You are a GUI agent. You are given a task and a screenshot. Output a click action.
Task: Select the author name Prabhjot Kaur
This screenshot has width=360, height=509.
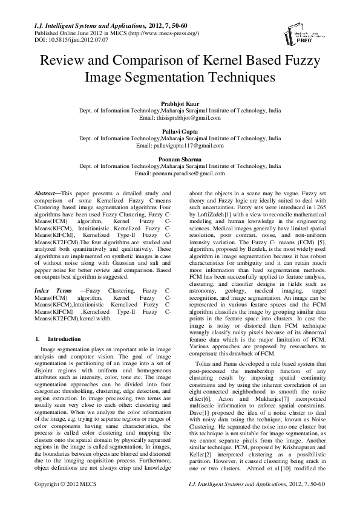pyautogui.click(x=180, y=105)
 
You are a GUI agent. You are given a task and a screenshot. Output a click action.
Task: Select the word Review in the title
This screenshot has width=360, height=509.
pyautogui.click(x=62, y=62)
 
